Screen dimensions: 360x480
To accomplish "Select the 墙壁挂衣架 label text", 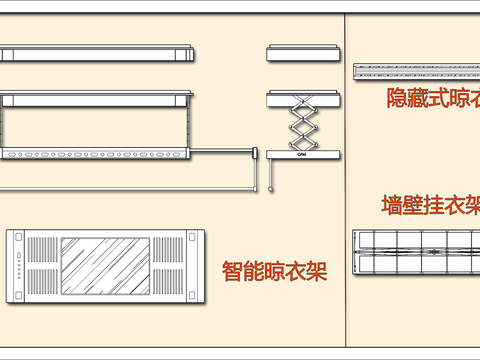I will [430, 206].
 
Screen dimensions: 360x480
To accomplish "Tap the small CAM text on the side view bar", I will [301, 154].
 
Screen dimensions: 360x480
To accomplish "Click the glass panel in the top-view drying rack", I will [105, 266].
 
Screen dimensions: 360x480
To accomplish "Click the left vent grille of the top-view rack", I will [42, 266].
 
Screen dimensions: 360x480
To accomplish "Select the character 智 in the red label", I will [231, 270].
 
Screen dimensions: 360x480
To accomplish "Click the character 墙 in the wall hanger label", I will [392, 206].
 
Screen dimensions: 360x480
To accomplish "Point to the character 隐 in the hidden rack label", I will [397, 98].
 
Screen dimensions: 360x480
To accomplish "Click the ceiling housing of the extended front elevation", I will [96, 99].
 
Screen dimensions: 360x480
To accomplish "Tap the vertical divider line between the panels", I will [344, 180].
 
